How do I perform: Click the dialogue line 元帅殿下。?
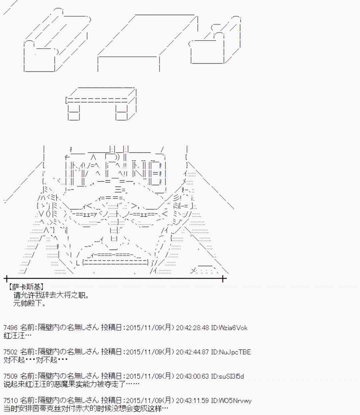(x=30, y=303)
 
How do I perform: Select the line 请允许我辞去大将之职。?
(x=51, y=295)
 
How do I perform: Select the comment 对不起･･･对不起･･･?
(x=36, y=360)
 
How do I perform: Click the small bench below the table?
(x=101, y=103)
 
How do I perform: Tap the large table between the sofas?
(x=147, y=40)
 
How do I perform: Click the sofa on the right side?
(x=215, y=43)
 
